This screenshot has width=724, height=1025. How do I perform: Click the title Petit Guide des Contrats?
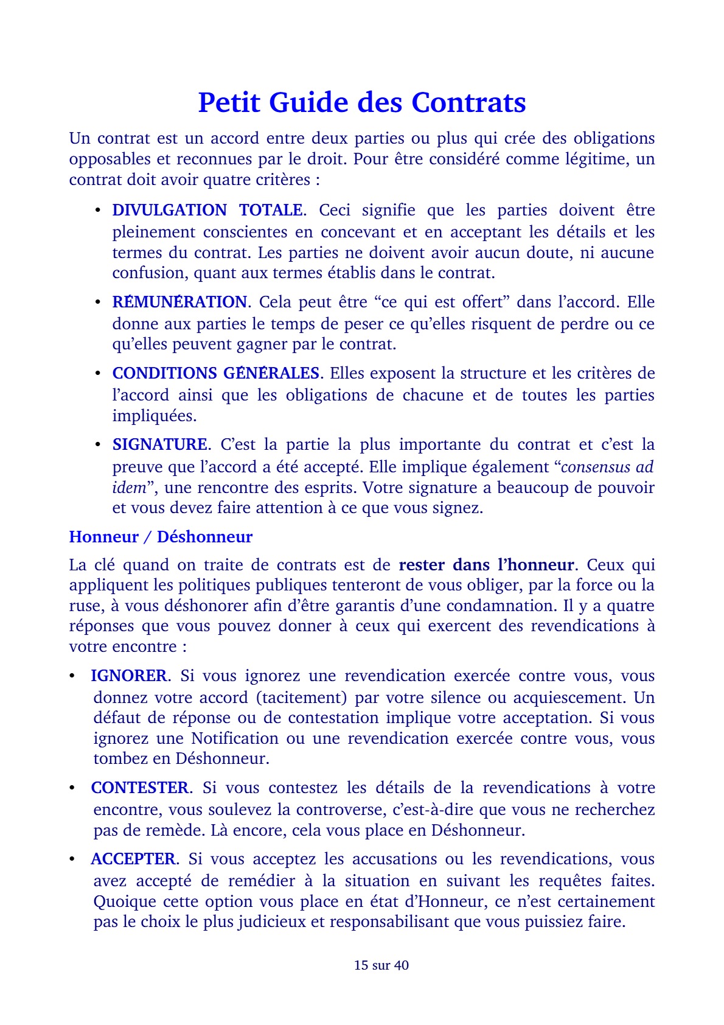(x=362, y=102)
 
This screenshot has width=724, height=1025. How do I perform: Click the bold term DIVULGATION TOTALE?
(x=207, y=210)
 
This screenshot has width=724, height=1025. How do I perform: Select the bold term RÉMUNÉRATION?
(x=179, y=303)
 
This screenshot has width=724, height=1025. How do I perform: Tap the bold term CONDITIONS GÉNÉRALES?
(x=216, y=373)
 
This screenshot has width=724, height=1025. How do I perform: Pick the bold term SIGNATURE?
(x=159, y=444)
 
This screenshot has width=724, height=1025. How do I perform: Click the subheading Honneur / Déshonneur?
(x=161, y=537)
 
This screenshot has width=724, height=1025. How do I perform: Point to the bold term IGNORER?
(x=128, y=676)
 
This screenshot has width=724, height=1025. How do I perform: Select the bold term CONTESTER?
(x=139, y=788)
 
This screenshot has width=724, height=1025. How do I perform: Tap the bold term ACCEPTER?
(x=133, y=859)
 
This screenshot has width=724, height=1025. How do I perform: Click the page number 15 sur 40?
(x=381, y=965)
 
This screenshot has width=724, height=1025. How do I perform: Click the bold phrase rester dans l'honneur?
(x=486, y=565)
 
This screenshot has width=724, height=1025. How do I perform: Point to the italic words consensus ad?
(x=607, y=467)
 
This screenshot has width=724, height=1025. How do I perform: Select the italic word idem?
(x=129, y=488)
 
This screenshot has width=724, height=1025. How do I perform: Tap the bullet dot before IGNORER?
(x=72, y=676)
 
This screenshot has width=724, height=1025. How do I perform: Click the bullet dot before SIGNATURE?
(x=97, y=444)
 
